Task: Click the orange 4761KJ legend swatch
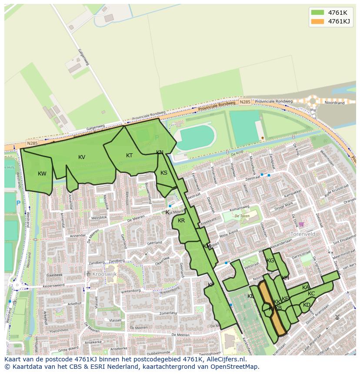coord(317,21)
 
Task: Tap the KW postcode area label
coord(42,174)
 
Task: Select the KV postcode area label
coord(82,157)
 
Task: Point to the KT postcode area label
coord(129,156)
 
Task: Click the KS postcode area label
coord(164,173)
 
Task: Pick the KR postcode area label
coord(181,221)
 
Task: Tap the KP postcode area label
coord(211,285)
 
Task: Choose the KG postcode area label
coord(270,261)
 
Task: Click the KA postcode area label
coord(306,288)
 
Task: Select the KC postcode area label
coord(311,294)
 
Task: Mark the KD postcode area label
coord(307,305)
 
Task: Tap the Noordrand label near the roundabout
coord(335,103)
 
